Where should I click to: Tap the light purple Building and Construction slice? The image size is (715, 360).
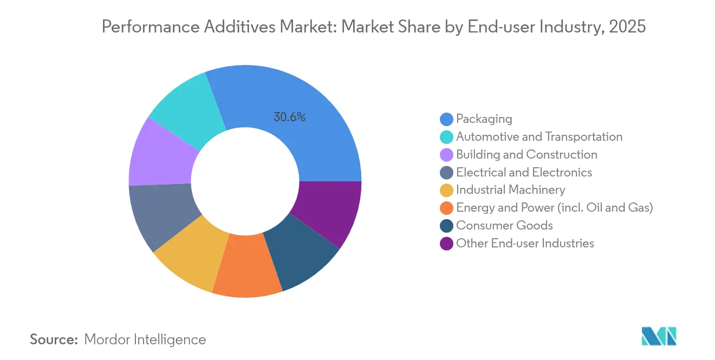pyautogui.click(x=160, y=155)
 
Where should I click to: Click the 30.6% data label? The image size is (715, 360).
pyautogui.click(x=289, y=117)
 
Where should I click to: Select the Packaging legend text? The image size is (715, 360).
pyautogui.click(x=484, y=119)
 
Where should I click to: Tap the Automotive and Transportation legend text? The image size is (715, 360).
pyautogui.click(x=539, y=136)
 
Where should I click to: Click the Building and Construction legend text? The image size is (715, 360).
pyautogui.click(x=526, y=154)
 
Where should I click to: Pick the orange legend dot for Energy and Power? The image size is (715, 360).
pyautogui.click(x=446, y=208)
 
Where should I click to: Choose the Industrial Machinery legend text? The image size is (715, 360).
pyautogui.click(x=510, y=190)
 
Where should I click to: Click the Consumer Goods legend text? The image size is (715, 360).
pyautogui.click(x=504, y=226)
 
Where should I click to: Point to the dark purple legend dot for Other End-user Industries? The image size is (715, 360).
pyautogui.click(x=446, y=244)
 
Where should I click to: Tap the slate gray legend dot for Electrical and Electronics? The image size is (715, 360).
pyautogui.click(x=446, y=172)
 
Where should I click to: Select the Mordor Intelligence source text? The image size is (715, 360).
pyautogui.click(x=145, y=339)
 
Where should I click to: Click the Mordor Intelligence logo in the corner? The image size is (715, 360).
pyautogui.click(x=659, y=336)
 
